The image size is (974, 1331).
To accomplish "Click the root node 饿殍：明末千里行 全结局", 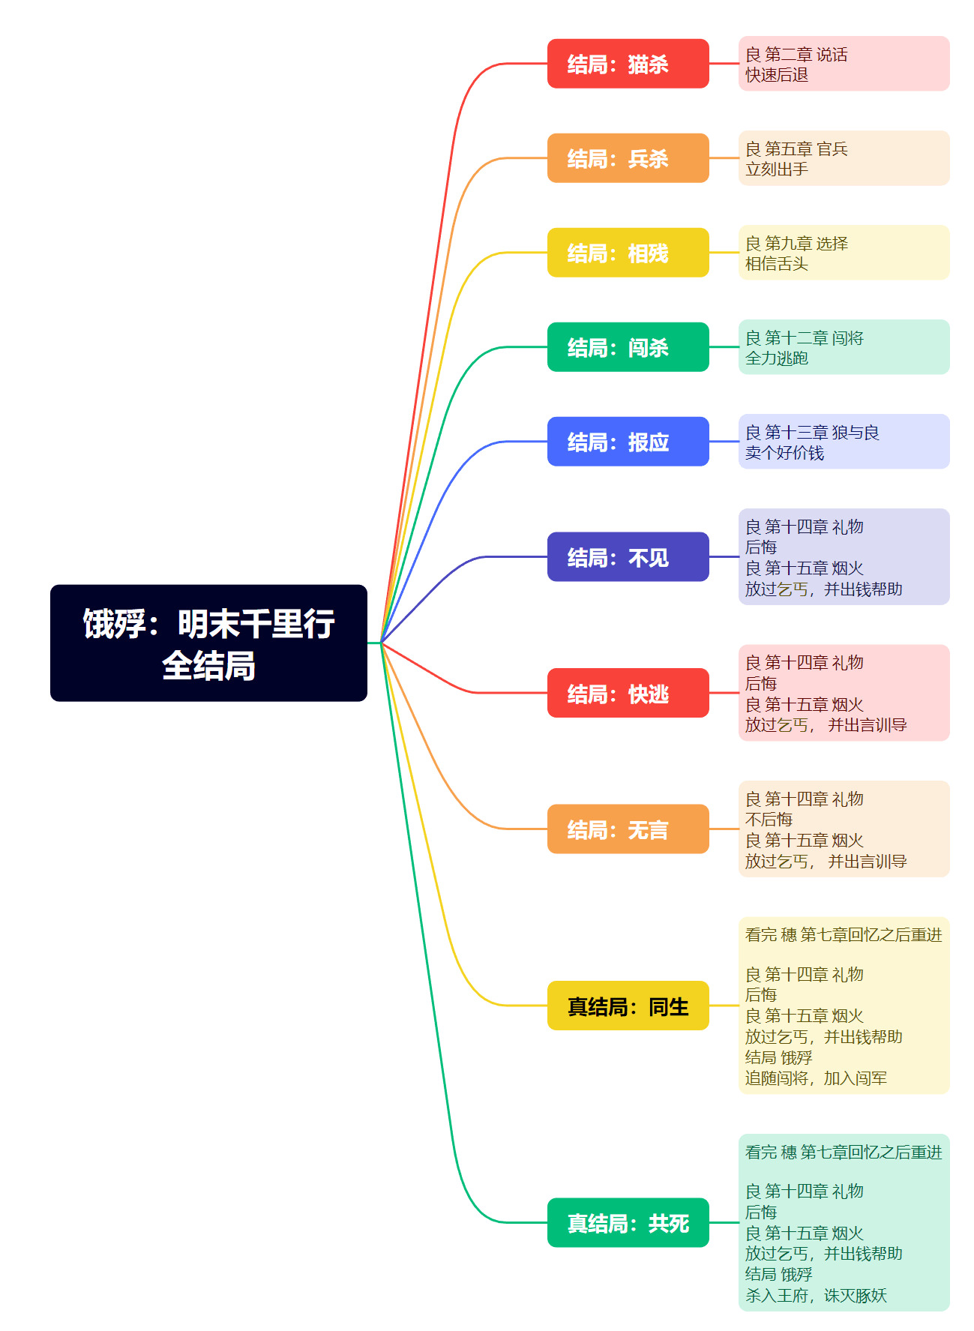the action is point(208,643).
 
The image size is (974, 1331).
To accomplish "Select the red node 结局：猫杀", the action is point(628,64).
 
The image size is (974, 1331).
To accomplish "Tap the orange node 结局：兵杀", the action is point(628,158).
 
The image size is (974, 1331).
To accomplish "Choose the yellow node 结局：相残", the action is point(628,253).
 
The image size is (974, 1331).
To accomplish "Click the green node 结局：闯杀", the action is point(628,347).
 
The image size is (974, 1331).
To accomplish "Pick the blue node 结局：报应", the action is point(628,442).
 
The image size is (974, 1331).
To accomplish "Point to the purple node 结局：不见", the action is point(628,556).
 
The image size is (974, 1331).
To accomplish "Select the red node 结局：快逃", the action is point(628,693).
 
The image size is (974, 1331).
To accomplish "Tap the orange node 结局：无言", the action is point(628,829).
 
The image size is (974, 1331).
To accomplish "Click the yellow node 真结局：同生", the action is point(628,1006).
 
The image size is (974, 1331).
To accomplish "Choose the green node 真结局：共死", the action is point(628,1222).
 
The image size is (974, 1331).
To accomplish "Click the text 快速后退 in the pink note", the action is point(777,75).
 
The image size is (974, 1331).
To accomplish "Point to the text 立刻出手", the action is point(777,169).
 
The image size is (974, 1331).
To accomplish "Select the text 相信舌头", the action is point(777,264).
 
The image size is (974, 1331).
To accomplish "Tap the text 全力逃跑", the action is point(777,358).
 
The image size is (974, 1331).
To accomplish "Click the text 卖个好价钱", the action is point(784,453).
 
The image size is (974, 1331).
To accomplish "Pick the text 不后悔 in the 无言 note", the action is point(769,820).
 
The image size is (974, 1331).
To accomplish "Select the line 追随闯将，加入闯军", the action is point(816,1078).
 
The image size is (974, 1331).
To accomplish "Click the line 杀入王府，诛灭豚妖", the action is point(816,1296).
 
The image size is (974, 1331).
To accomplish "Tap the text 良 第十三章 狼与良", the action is point(812,433).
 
